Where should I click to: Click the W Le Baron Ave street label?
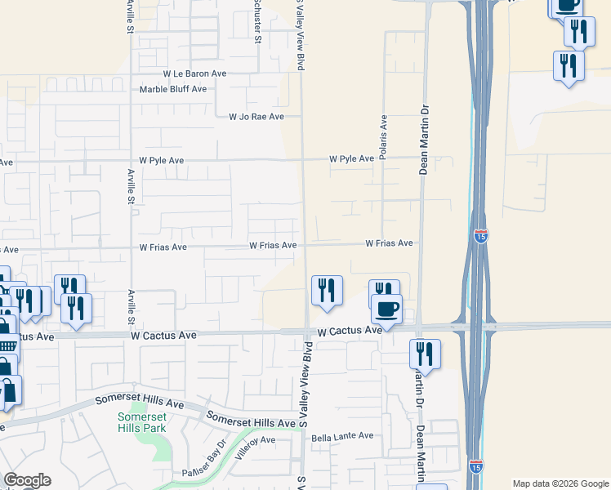194,73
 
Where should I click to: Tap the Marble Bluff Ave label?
173,90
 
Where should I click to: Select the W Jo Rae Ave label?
256,117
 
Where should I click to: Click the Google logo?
27,480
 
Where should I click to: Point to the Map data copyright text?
560,483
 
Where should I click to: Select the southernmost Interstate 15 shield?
476,467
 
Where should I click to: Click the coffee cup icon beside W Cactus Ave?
386,310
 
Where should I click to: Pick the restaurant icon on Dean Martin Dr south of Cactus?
425,354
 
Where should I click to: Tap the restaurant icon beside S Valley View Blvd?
327,291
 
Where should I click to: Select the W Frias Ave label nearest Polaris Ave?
389,243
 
